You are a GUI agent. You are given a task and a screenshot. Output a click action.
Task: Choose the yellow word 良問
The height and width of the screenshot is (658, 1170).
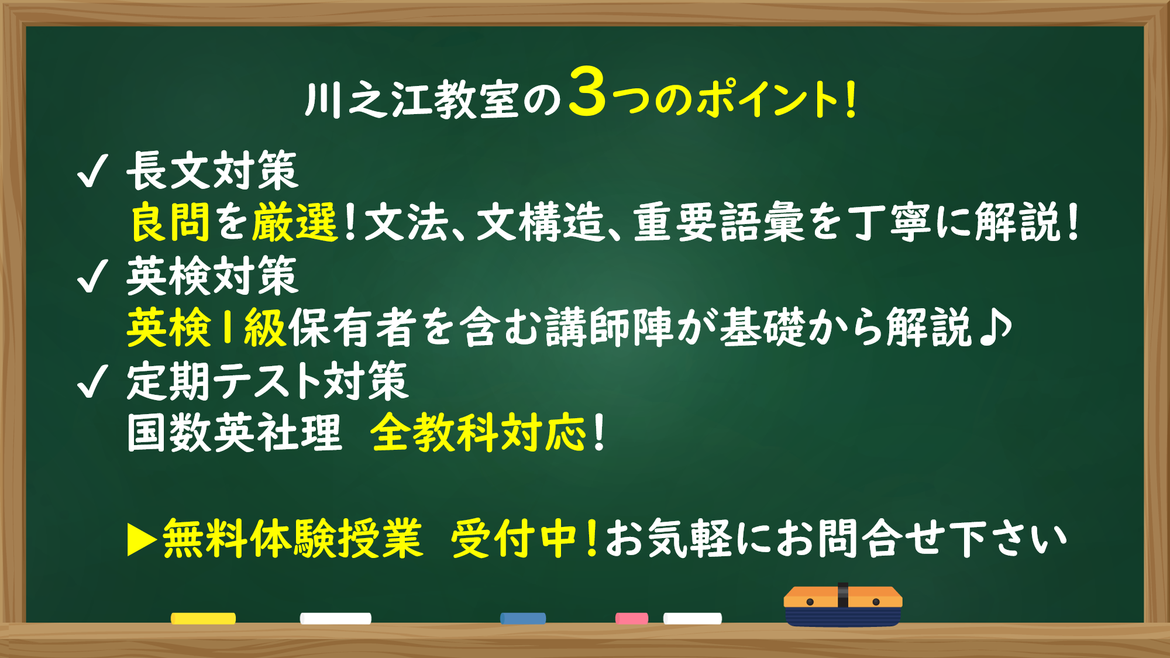170,222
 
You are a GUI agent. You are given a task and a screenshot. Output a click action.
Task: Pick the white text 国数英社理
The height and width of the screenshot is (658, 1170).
234,433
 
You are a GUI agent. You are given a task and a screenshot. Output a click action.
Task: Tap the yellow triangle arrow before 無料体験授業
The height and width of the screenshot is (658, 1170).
141,539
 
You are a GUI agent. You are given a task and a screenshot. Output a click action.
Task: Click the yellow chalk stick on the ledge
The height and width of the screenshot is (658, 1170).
203,618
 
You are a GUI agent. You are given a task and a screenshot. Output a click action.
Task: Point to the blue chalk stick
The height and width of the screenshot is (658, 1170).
523,618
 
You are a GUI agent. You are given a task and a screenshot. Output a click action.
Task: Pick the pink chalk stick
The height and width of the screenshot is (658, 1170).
631,618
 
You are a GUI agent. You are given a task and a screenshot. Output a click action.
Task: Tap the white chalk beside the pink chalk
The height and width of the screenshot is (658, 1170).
692,618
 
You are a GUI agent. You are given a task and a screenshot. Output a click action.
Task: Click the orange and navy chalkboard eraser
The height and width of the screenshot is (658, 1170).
842,605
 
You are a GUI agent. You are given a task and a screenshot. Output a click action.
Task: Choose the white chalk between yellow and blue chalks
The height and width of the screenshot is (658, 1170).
335,618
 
